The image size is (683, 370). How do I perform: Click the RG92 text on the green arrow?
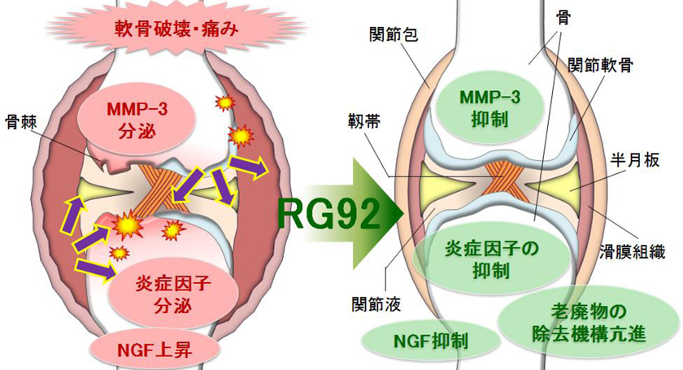329,213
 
